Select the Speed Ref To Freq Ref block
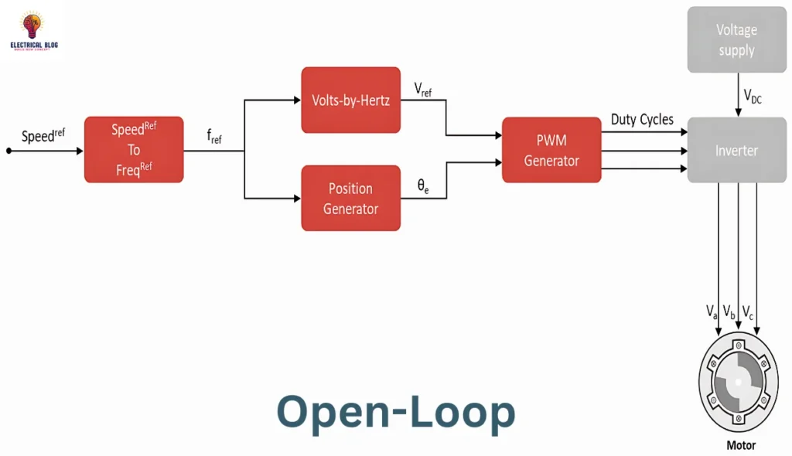[x=134, y=150]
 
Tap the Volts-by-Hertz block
[x=350, y=100]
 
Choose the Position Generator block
[x=350, y=198]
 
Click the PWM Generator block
[x=551, y=150]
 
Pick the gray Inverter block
[x=736, y=150]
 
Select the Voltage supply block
[x=736, y=40]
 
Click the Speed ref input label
[x=43, y=136]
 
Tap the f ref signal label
[x=214, y=137]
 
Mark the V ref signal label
[x=423, y=90]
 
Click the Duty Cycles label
[x=642, y=120]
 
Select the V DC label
[x=753, y=96]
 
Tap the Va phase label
[x=712, y=311]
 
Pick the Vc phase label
[x=748, y=311]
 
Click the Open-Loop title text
[x=395, y=412]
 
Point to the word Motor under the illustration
[x=741, y=445]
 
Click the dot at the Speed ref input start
[x=9, y=151]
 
